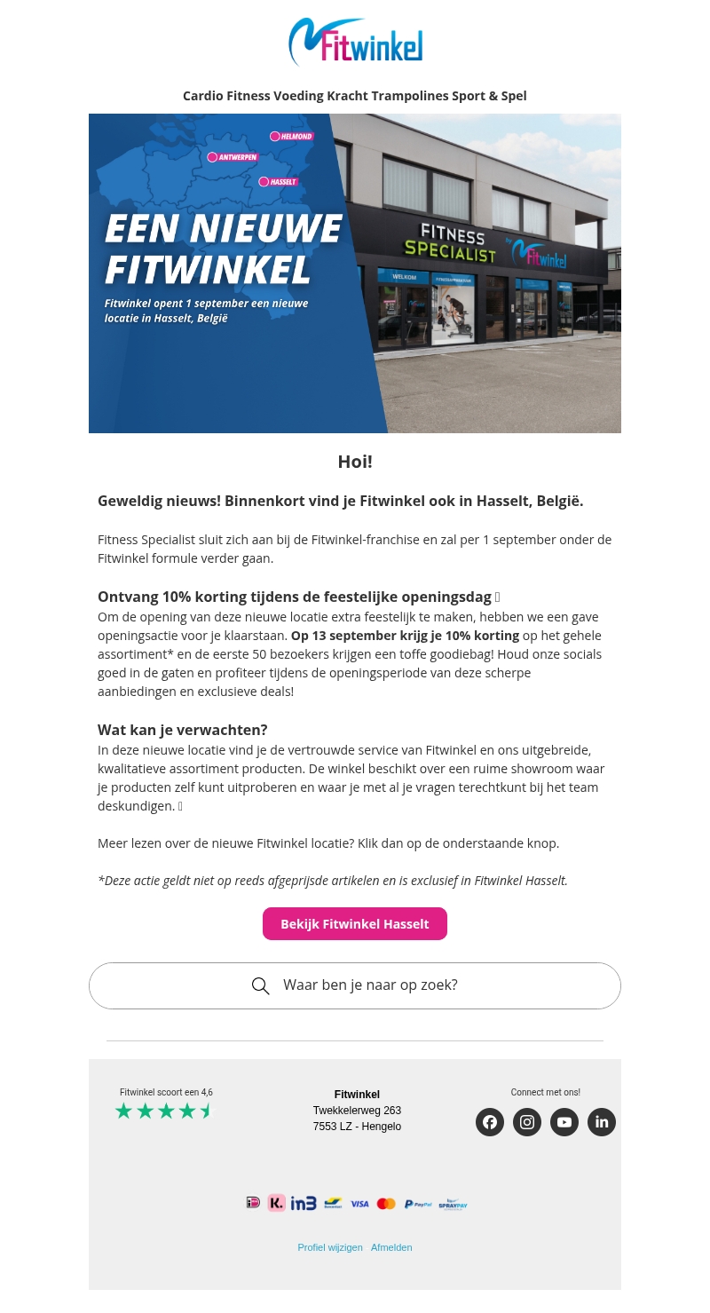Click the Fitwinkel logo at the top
tap(355, 42)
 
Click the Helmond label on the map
tap(293, 137)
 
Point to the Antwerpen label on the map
tap(233, 157)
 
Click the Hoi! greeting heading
tap(355, 462)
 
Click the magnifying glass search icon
tap(260, 986)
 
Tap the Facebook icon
tap(490, 1122)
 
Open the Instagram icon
tap(527, 1122)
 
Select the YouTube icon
tap(564, 1122)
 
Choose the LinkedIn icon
tap(602, 1122)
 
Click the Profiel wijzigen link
tap(330, 1247)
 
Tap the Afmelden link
tap(391, 1247)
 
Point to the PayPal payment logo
tap(418, 1204)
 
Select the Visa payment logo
tap(359, 1204)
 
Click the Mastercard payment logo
tap(386, 1204)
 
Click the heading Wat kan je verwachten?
tap(182, 730)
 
